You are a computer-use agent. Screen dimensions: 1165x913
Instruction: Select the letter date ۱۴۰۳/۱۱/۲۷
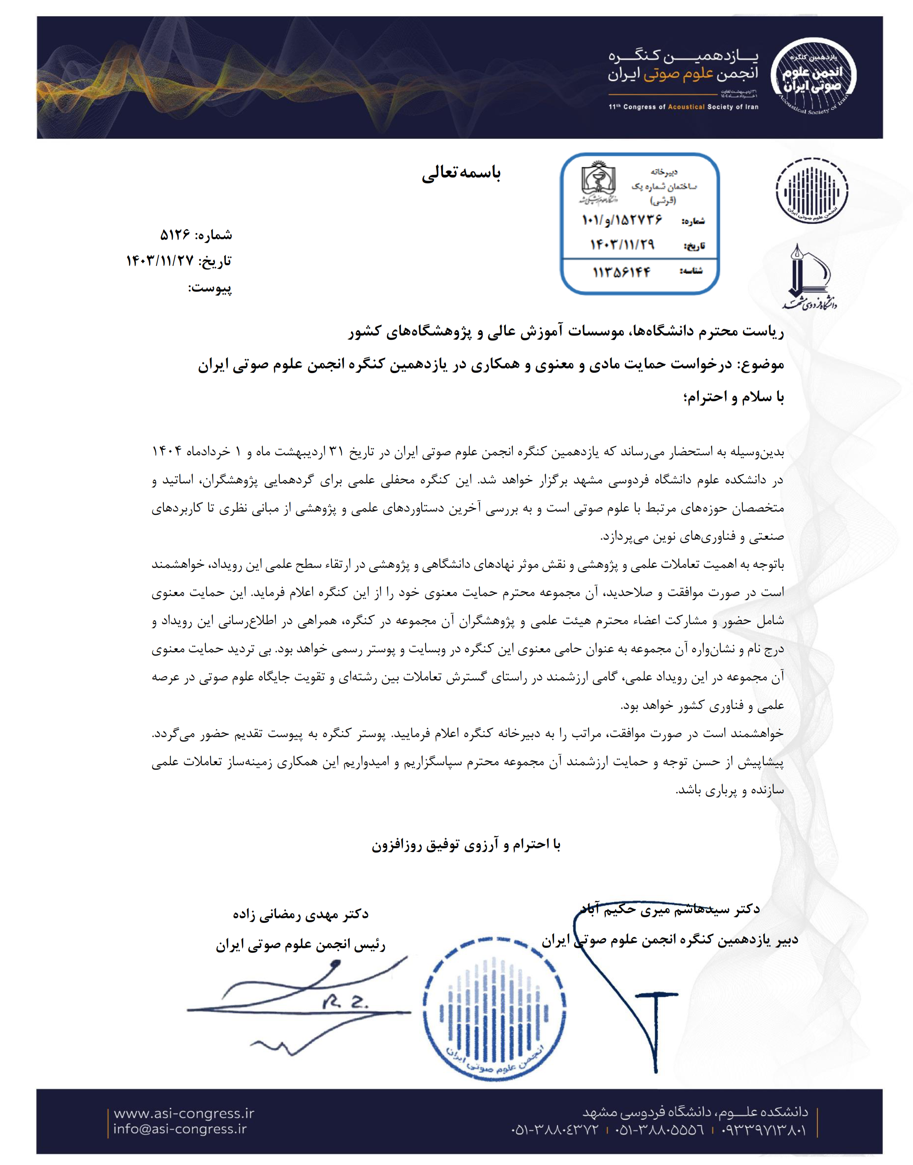(159, 261)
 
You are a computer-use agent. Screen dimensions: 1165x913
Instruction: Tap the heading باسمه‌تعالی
(461, 173)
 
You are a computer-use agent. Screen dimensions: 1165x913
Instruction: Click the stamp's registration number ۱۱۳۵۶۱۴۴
(622, 272)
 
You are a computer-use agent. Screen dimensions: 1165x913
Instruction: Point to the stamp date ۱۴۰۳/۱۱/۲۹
(622, 245)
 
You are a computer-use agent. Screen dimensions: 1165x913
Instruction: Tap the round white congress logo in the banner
(813, 76)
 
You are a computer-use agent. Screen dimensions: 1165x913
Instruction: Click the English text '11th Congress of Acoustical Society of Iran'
(683, 107)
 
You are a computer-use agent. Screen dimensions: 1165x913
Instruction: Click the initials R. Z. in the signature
(345, 1003)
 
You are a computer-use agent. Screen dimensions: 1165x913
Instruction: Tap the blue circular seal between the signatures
(494, 1009)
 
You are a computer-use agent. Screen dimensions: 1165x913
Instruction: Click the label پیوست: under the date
(210, 288)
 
